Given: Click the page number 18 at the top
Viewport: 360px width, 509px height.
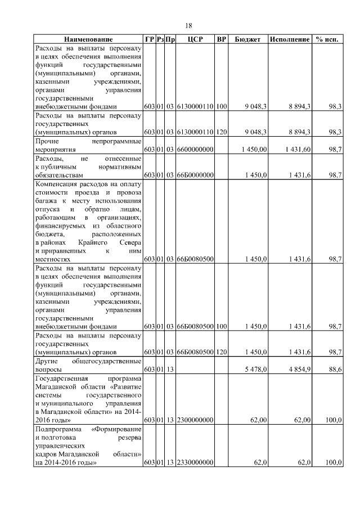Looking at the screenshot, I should [x=189, y=25].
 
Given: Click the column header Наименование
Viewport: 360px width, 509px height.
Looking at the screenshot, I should [x=88, y=40].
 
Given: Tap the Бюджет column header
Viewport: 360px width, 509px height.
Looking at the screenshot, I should [x=247, y=40].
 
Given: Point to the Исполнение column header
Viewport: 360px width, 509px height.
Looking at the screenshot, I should [x=290, y=40].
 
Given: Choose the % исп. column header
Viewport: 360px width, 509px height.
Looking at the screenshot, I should [x=327, y=40].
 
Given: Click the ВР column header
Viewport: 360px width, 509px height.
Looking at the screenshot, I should [x=222, y=40].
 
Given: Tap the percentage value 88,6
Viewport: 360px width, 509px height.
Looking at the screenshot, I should [x=336, y=370].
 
